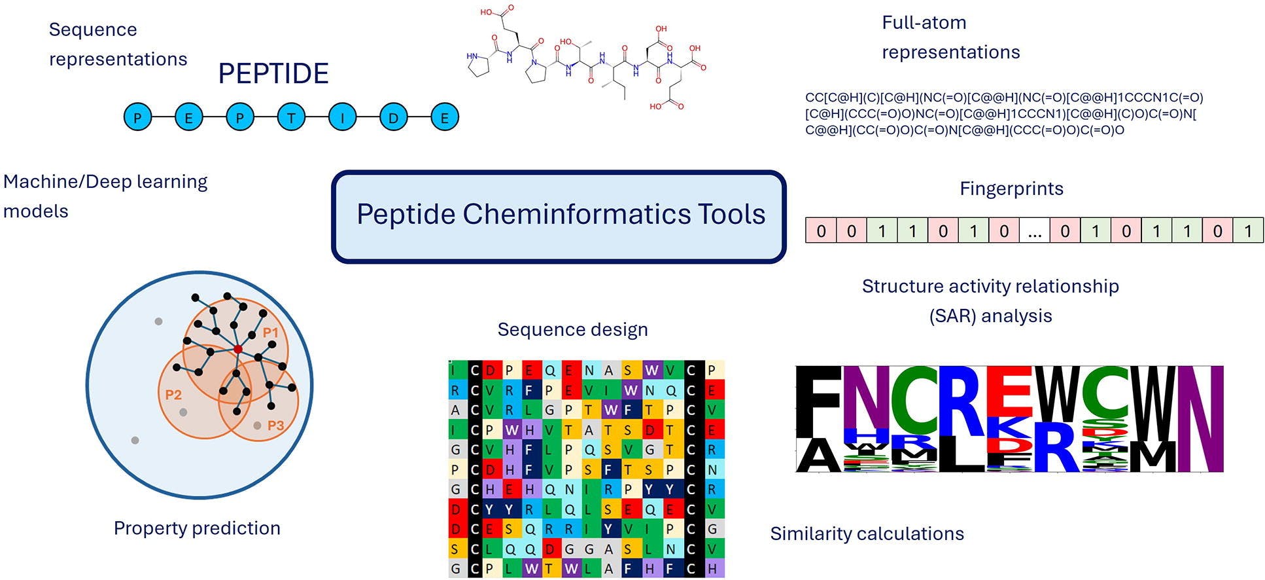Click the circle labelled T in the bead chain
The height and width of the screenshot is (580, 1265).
coord(291,118)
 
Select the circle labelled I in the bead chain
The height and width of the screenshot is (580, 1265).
coord(342,118)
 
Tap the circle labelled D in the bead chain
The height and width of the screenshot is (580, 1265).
coord(393,118)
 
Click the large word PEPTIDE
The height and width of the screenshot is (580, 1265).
coord(273,73)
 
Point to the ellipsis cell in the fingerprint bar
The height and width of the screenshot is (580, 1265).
coord(1034,231)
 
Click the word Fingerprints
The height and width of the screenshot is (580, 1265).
coord(1011,189)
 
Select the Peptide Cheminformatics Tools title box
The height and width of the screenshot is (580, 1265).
coord(559,216)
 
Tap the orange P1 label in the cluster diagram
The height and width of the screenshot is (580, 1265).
coord(270,333)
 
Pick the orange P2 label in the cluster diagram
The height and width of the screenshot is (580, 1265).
coord(173,394)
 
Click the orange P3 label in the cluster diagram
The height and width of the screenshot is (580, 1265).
coord(275,426)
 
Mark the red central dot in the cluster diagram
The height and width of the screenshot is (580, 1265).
coord(238,350)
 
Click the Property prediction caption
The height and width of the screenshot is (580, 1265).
coord(197,528)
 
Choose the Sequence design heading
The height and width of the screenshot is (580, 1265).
coord(572,329)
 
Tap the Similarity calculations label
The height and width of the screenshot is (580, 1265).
coord(867,534)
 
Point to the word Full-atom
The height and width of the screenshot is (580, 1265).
coord(924,23)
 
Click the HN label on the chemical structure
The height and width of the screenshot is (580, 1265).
coord(472,57)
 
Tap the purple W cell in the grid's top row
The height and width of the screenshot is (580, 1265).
coord(651,371)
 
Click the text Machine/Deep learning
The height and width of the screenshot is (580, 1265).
coord(105,182)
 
